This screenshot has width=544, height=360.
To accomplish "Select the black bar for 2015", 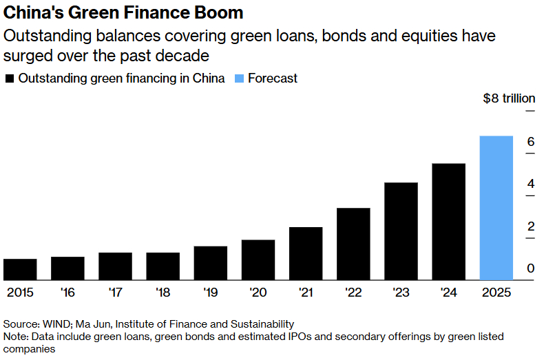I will (20, 270).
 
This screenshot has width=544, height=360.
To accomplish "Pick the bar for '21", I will (306, 253).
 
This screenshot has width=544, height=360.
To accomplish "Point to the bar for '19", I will (211, 263).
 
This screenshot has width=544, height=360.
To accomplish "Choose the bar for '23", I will (401, 231).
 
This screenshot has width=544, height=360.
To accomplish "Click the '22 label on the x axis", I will (353, 293).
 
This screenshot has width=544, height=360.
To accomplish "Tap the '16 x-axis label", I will (67, 293).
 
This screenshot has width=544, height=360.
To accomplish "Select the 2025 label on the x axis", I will (496, 293).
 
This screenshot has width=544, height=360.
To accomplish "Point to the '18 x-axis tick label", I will (163, 293).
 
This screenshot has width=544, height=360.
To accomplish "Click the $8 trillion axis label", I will (509, 98).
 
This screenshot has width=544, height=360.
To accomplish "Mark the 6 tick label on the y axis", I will (531, 142).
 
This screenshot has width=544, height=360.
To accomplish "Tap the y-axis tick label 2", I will (531, 226).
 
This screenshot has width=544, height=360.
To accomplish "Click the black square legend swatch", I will (9, 78).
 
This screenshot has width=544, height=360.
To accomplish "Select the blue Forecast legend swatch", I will (238, 78).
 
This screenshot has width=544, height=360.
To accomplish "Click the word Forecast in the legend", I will (273, 78).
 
